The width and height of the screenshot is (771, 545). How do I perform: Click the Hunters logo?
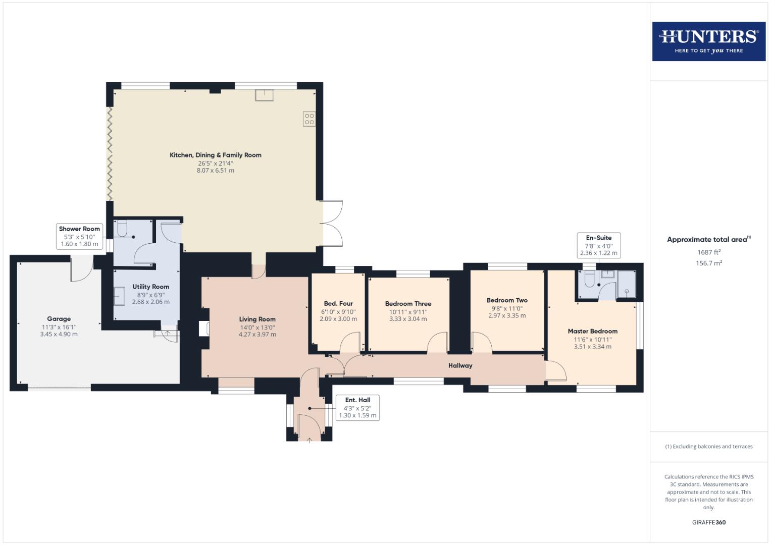point(708,41)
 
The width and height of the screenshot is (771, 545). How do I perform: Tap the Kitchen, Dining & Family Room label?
point(216,155)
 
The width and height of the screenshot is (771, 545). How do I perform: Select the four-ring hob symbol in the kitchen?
point(309,119)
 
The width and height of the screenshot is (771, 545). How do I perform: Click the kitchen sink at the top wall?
point(264,95)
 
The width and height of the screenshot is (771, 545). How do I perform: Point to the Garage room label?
point(59,319)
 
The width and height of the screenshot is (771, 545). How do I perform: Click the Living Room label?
point(257,319)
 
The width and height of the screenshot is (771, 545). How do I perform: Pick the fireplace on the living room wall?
point(204,329)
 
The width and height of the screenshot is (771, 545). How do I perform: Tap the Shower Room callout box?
point(79,236)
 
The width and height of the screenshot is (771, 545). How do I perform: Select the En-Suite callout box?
point(598,245)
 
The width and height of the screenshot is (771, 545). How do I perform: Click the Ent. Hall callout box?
point(357,408)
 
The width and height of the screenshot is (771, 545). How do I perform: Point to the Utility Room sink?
point(119,296)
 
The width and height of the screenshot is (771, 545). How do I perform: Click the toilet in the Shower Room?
point(122,230)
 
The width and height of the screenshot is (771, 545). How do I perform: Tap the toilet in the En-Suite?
point(589,280)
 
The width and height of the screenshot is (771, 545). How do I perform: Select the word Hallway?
point(460,365)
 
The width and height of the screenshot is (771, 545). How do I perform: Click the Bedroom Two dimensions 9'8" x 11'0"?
point(507,308)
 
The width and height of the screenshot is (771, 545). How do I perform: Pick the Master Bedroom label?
point(592,332)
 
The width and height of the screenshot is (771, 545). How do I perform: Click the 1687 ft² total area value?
point(708,252)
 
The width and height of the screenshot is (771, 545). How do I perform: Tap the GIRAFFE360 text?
point(708,522)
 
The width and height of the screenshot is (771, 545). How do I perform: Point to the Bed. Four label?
point(338,304)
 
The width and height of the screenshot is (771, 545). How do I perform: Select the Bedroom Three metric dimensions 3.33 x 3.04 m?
point(408,319)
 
